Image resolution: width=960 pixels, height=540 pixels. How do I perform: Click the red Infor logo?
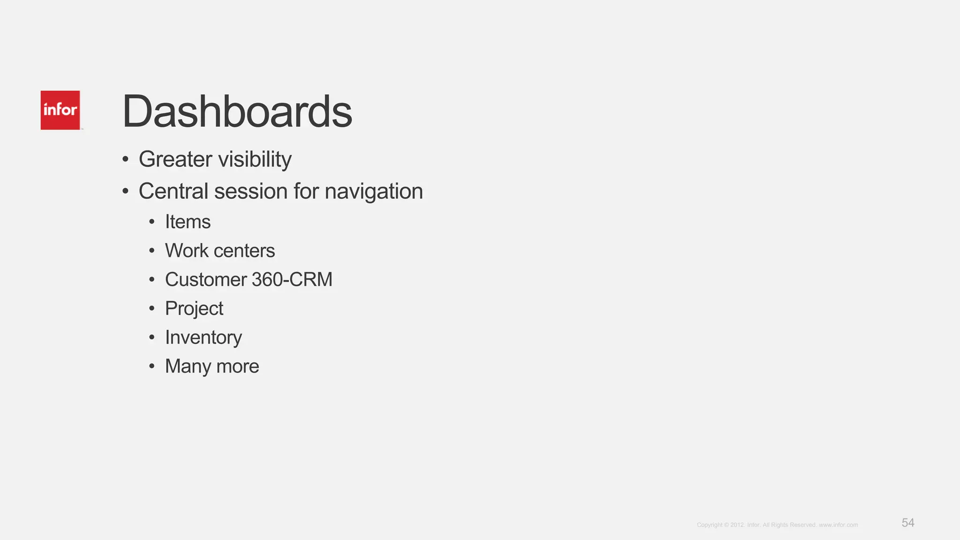click(60, 110)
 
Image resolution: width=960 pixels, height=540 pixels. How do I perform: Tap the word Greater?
click(175, 159)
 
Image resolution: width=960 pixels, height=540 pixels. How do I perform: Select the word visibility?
click(255, 159)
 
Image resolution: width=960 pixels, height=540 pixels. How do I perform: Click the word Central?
click(172, 191)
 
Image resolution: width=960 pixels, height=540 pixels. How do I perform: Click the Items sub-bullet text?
click(187, 222)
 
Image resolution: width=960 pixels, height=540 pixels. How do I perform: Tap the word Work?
click(187, 251)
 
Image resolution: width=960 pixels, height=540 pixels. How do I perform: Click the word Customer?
click(206, 280)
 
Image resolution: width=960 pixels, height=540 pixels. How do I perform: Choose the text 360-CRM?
click(292, 280)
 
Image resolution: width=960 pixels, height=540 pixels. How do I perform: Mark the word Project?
click(194, 309)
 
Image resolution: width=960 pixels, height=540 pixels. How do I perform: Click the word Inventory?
click(203, 337)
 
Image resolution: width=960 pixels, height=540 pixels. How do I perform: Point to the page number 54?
click(907, 523)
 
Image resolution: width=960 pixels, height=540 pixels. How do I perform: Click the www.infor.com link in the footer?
click(838, 525)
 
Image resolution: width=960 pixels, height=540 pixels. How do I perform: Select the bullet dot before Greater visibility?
click(125, 159)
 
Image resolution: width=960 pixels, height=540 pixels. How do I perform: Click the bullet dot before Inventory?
click(151, 337)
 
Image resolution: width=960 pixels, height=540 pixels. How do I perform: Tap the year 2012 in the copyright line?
click(737, 525)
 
